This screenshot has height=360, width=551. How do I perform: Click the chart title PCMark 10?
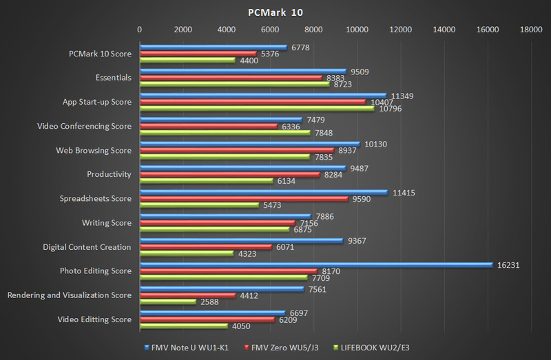275,12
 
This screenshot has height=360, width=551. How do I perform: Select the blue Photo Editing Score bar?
317,264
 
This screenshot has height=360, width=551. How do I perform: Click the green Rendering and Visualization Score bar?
168,301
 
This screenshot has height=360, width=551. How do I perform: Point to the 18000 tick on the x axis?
531,30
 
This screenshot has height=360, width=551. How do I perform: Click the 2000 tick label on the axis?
183,30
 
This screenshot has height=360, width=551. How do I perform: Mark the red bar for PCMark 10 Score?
198,54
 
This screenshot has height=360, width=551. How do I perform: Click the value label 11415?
404,192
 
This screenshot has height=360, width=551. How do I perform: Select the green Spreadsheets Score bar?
200,205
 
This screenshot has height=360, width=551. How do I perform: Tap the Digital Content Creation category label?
87,247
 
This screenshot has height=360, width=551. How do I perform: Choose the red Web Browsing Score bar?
237,150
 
